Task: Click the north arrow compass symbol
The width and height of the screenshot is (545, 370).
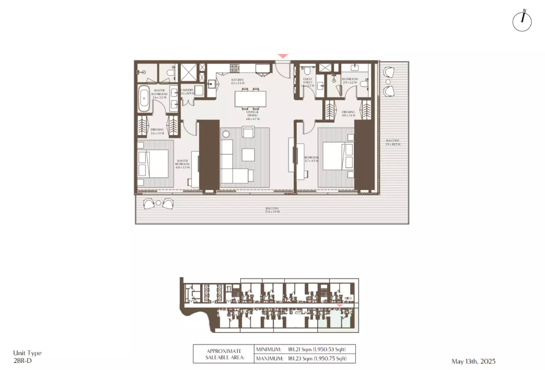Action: (x=521, y=21)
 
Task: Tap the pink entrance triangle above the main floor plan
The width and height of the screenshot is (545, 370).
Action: (x=283, y=56)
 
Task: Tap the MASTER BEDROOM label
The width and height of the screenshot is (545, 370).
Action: (x=182, y=164)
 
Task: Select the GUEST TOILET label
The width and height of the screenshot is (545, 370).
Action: (x=307, y=82)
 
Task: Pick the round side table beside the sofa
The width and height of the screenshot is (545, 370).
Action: (x=226, y=133)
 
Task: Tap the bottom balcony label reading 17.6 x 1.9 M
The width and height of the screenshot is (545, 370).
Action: (x=272, y=210)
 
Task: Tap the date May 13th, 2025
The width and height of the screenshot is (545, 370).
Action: (x=473, y=361)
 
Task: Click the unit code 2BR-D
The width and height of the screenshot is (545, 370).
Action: (x=22, y=359)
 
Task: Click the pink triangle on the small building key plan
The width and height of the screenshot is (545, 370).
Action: (x=340, y=304)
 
